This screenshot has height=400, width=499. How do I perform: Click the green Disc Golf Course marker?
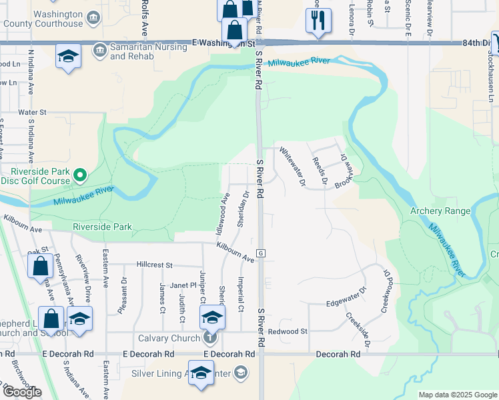80,175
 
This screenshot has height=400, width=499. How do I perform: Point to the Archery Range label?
440,211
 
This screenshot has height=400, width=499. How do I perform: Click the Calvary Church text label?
169,338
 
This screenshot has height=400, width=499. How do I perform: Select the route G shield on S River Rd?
262,253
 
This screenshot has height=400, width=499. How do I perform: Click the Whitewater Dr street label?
292,166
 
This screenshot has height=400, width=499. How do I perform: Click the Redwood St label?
288,331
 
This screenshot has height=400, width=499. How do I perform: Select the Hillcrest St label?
155,265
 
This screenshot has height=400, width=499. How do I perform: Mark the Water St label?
33,113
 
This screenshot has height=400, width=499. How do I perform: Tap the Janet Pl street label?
183,285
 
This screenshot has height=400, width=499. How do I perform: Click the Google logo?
22,392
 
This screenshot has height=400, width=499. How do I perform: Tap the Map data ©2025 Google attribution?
458,395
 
